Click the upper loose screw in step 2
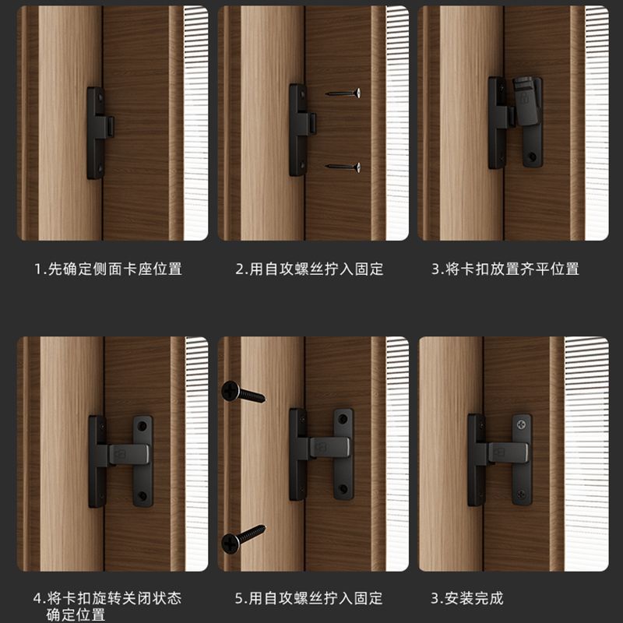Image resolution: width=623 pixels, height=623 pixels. tap(343, 93)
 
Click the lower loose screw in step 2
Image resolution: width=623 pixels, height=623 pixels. tap(343, 167)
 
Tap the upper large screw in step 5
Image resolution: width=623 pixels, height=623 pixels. tap(243, 392)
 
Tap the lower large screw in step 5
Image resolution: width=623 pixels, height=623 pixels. tap(243, 539)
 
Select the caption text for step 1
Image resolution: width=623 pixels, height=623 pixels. tap(108, 269)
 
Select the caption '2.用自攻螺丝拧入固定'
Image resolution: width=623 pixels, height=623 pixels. tap(309, 269)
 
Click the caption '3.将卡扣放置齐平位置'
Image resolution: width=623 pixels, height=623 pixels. tap(505, 269)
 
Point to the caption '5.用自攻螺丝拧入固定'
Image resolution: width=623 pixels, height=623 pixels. tap(308, 598)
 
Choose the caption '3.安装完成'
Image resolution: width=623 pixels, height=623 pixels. tap(467, 598)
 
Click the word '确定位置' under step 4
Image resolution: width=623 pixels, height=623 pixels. tap(76, 614)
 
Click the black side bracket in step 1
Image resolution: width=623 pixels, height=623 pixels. tap(100, 133)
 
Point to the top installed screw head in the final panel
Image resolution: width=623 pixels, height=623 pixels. tap(521, 425)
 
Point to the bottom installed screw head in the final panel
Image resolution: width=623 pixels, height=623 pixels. tap(521, 495)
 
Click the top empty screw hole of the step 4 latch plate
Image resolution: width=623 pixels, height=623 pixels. tap(143, 427)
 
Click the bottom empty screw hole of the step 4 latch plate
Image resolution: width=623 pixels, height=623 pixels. tap(143, 496)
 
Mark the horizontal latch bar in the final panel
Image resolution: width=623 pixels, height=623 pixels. tap(507, 452)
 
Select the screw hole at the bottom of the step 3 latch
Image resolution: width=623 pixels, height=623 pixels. tap(533, 157)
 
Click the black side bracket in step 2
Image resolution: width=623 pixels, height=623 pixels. tap(301, 130)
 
